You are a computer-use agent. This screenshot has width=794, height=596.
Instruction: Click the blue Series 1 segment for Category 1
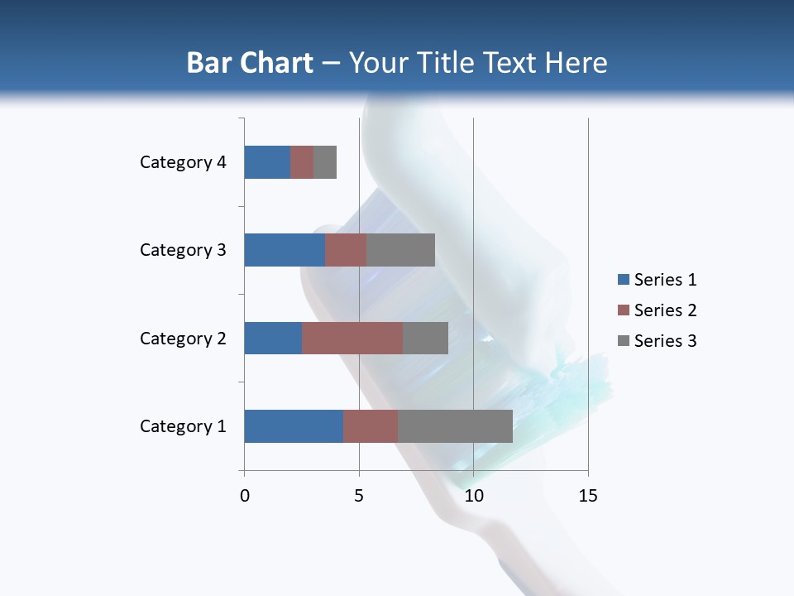point(294,426)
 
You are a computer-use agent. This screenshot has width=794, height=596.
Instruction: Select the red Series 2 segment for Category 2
point(352,338)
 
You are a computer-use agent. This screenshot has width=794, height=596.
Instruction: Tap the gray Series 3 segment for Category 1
point(455,426)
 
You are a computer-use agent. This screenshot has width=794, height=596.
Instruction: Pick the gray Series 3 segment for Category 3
point(400,250)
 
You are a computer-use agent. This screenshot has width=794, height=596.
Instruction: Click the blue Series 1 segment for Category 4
point(267,162)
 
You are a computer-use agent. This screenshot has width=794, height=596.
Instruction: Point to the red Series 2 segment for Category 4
point(302,162)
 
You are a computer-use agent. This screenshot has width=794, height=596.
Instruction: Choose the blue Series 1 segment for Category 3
point(285,250)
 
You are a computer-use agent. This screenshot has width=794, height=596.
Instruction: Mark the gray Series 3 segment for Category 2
point(425,338)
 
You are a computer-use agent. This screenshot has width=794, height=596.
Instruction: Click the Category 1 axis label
point(183,426)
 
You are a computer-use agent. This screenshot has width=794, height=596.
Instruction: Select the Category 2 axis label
point(183,339)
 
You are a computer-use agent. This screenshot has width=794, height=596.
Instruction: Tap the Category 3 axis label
point(183,250)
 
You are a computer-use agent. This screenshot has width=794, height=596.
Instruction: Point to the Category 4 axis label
point(183,162)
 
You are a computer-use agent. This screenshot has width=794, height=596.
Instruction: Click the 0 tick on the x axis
point(245,496)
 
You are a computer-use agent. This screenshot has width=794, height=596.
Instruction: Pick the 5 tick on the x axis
point(359,496)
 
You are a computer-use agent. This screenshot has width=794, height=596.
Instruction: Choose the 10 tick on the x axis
point(473,496)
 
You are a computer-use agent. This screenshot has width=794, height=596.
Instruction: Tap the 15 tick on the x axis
point(588,496)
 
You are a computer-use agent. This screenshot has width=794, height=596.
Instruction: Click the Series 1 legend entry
point(657,280)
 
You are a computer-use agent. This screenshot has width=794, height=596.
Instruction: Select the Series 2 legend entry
point(657,310)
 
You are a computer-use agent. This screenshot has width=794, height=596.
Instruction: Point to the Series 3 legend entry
point(657,341)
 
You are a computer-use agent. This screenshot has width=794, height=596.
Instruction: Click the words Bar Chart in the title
point(250,63)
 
